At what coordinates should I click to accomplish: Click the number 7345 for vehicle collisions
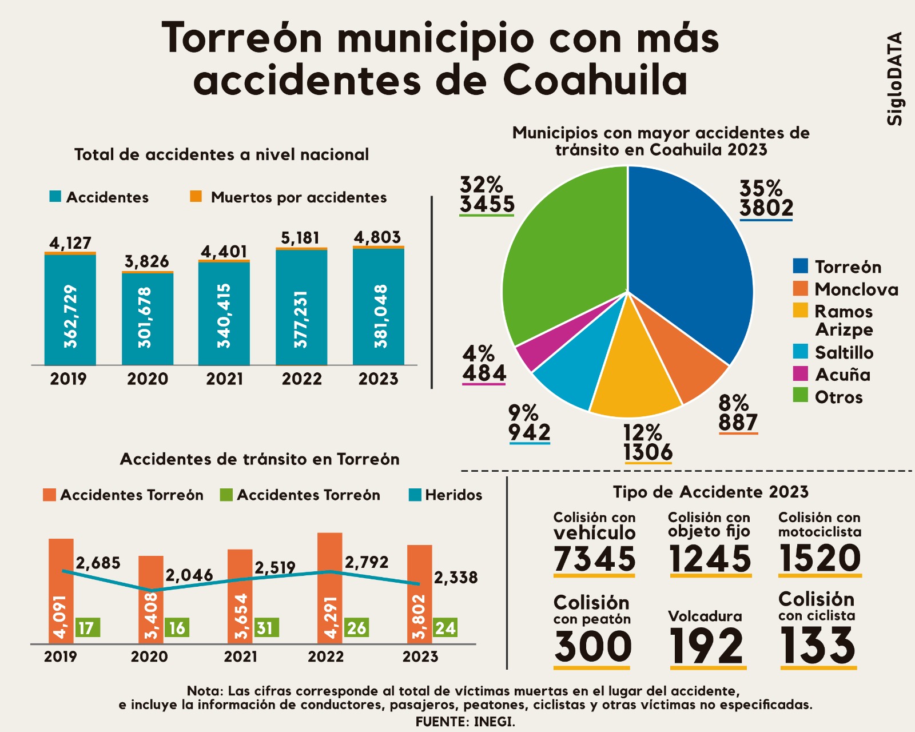(595, 559)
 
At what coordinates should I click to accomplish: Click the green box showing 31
(266, 628)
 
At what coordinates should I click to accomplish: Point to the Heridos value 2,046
(189, 575)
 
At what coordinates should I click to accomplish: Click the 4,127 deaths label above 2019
(70, 243)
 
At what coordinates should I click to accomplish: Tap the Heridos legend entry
(446, 495)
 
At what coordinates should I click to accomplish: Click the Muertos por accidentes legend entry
(289, 197)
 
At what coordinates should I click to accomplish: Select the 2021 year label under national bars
(224, 379)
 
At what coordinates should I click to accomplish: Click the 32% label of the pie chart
(482, 185)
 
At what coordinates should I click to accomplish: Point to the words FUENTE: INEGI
(465, 722)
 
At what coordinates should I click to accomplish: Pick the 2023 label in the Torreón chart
(420, 657)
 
